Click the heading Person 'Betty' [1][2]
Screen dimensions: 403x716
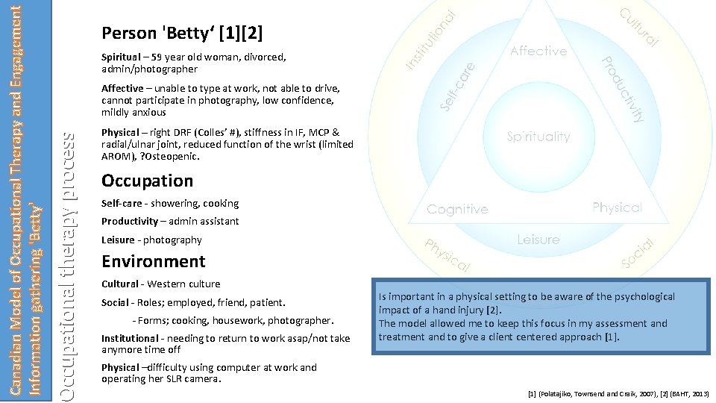coord(182,34)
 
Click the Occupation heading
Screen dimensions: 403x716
coord(147,181)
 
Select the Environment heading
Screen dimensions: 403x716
coord(153,261)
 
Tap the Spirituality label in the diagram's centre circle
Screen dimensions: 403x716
coord(538,137)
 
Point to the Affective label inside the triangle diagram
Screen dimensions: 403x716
coord(538,51)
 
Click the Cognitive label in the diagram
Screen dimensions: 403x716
coord(457,210)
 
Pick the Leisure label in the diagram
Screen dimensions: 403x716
coord(538,240)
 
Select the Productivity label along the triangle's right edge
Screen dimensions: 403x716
coord(623,89)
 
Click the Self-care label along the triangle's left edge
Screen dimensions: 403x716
coord(457,86)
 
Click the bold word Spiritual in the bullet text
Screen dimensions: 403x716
coord(121,57)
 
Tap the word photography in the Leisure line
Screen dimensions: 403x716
coord(172,240)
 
